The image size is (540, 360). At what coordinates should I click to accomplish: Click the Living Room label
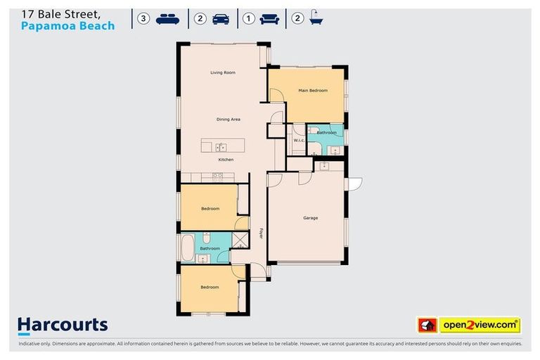223,72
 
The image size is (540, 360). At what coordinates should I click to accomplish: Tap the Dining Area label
229,120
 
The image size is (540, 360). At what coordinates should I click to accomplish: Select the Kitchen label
226,160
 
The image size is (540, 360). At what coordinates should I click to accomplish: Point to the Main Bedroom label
313,91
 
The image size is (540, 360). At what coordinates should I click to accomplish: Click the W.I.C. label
297,141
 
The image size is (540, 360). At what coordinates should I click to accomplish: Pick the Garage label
310,218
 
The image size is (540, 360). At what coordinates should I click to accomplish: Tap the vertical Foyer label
260,233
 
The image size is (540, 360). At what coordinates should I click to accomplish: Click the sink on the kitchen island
221,147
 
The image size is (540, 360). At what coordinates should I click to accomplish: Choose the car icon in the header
221,19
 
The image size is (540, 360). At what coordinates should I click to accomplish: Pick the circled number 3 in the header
144,19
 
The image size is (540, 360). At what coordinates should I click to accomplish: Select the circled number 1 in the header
249,19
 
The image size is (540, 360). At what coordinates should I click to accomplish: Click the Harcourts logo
63,325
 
